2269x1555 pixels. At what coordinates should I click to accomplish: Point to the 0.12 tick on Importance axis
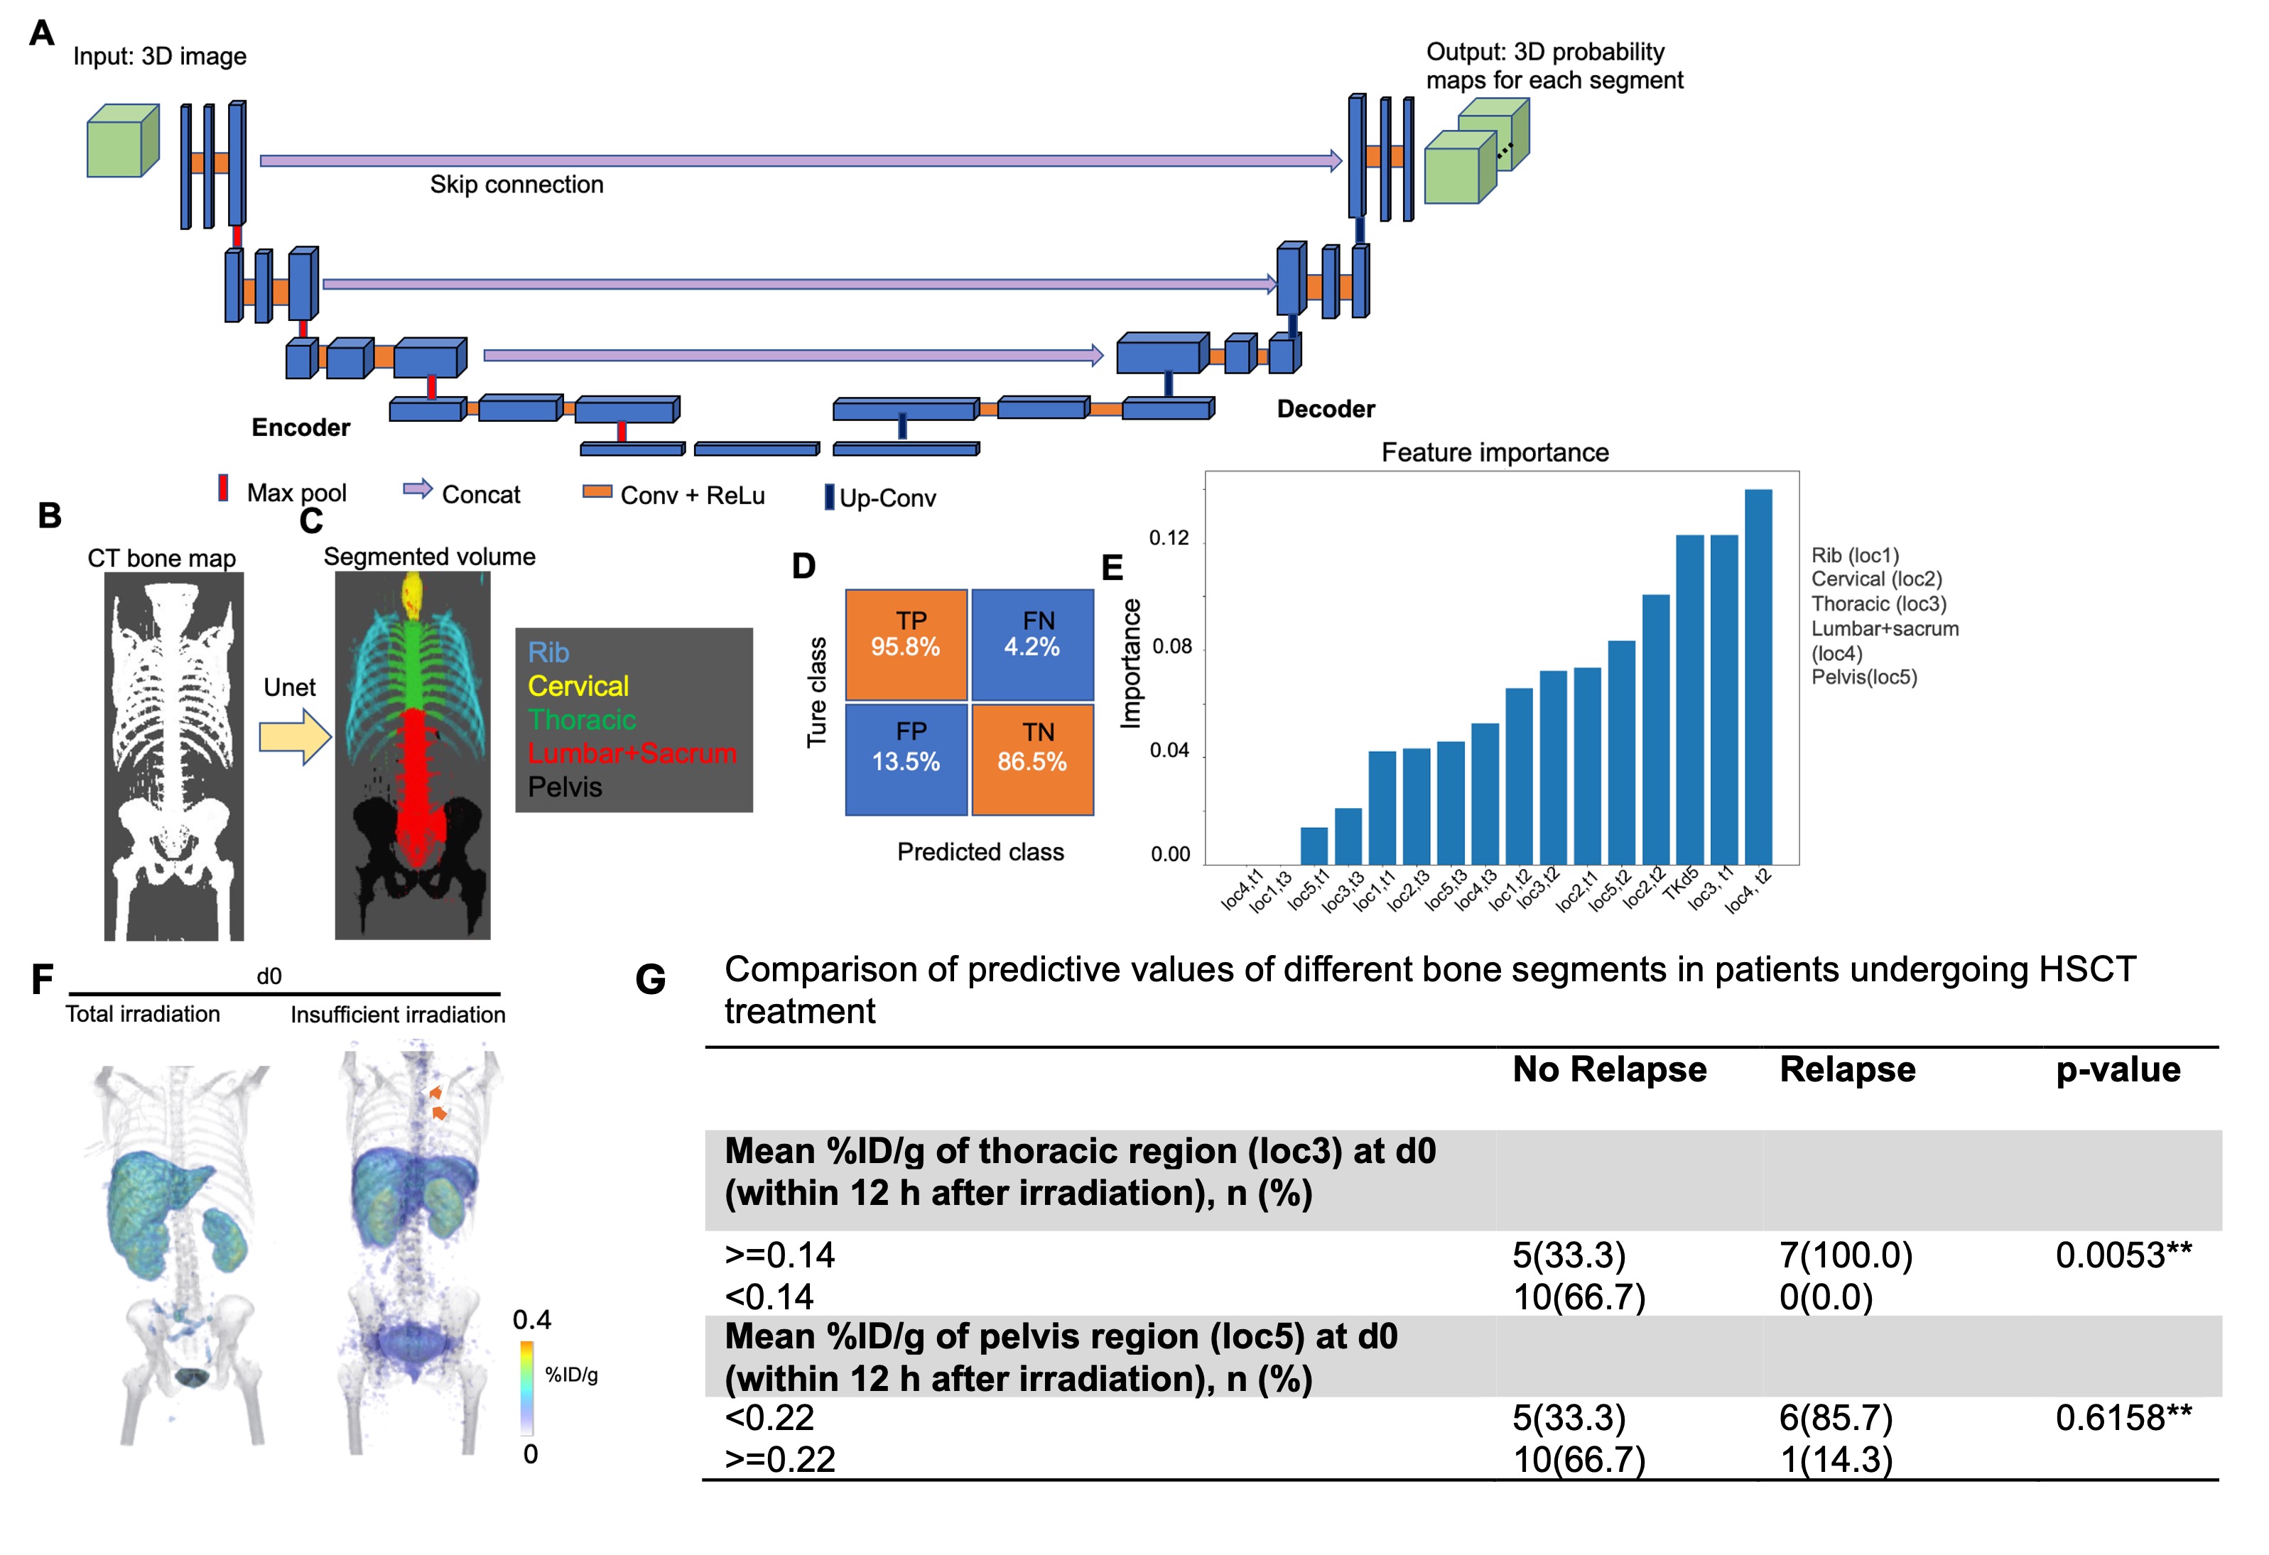[1169, 538]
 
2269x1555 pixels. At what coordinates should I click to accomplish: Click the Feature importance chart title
[1494, 453]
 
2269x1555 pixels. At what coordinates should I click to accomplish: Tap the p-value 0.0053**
[2123, 1255]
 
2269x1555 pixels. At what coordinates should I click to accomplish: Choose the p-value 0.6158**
[2123, 1417]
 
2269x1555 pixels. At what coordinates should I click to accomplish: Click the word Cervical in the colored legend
[578, 686]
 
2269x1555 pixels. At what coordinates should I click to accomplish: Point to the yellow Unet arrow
[295, 736]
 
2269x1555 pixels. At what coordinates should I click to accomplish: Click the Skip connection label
[516, 185]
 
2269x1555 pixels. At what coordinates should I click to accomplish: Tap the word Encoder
[300, 427]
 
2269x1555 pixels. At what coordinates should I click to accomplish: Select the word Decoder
[1325, 409]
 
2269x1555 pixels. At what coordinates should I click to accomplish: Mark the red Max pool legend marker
[224, 488]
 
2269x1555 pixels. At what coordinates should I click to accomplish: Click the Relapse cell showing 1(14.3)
[1836, 1459]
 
